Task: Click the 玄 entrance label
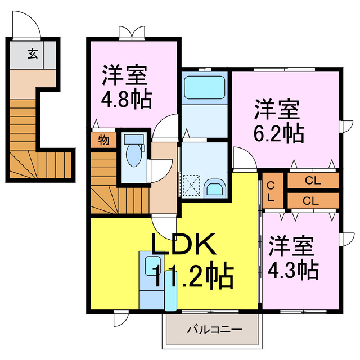pyautogui.click(x=33, y=54)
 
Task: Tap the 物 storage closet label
pyautogui.click(x=103, y=139)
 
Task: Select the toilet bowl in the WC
pyautogui.click(x=134, y=155)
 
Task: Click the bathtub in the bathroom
pyautogui.click(x=205, y=87)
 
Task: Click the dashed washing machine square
pyautogui.click(x=191, y=185)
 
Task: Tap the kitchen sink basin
pyautogui.click(x=152, y=265)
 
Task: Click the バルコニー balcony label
pyautogui.click(x=214, y=330)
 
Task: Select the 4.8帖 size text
pyautogui.click(x=127, y=100)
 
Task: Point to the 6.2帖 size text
pyautogui.click(x=279, y=134)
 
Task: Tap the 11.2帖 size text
pyautogui.click(x=193, y=276)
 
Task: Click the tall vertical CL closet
pyautogui.click(x=273, y=191)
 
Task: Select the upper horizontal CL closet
pyautogui.click(x=313, y=181)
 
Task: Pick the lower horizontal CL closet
pyautogui.click(x=313, y=201)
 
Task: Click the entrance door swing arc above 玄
pyautogui.click(x=32, y=18)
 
